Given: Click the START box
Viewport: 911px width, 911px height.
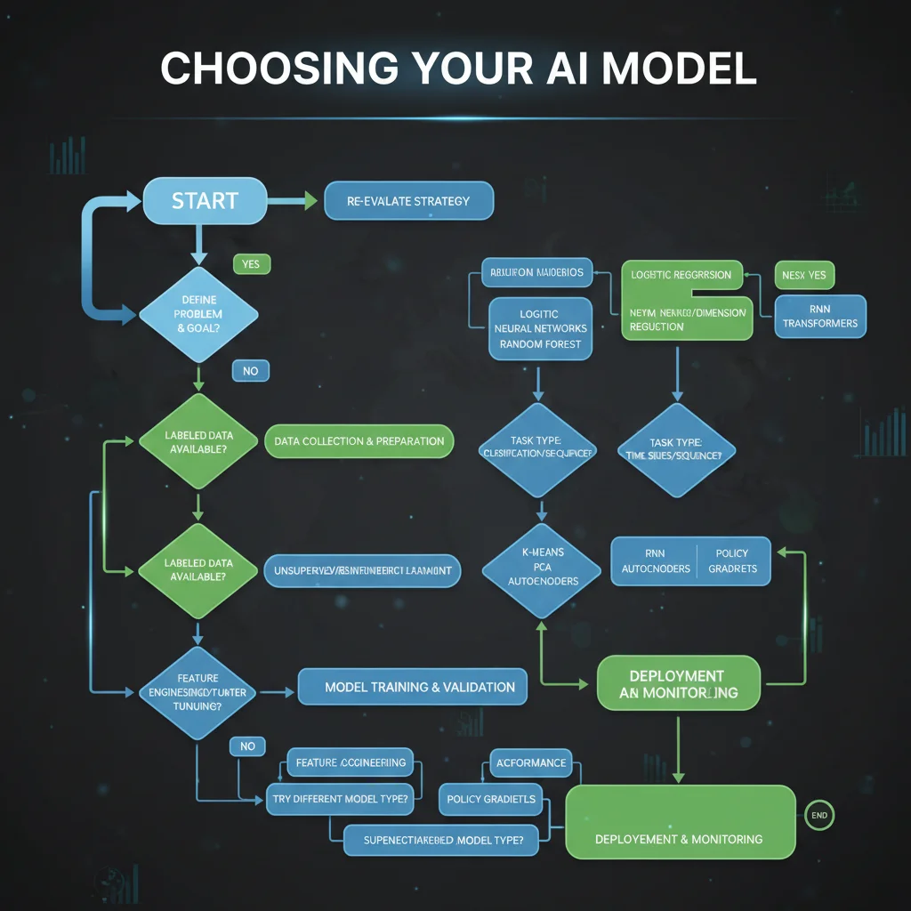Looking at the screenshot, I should click(205, 201).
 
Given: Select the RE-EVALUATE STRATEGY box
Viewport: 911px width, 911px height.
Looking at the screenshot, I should click(408, 201).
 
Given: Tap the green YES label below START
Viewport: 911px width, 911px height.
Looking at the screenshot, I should click(251, 264).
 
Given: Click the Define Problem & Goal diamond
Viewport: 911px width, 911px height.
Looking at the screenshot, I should click(198, 314).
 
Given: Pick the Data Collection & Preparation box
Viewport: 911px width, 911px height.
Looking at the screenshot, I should click(359, 441).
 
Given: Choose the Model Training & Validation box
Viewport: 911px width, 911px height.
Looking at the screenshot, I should click(412, 687).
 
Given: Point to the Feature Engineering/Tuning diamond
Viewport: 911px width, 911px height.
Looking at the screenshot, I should click(198, 691).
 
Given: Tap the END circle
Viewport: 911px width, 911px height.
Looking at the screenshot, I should click(819, 814).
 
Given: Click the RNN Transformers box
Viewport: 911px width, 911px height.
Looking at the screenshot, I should click(819, 317).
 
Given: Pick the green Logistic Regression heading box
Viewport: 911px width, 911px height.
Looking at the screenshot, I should click(681, 275).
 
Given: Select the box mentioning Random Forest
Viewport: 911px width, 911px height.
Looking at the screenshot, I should click(539, 328).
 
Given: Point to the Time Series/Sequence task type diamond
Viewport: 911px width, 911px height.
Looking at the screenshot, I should click(677, 449).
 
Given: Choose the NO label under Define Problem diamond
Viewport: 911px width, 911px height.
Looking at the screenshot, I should click(250, 370).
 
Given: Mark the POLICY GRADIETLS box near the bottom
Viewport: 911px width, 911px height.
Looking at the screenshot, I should click(491, 799).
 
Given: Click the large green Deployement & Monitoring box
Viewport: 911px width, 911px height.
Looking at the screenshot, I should click(680, 822).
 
